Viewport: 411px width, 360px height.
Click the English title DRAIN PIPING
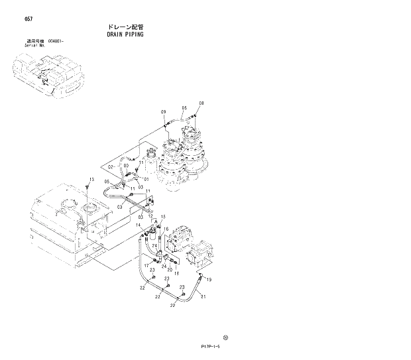point(125,34)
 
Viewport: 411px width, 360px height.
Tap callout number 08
point(202,104)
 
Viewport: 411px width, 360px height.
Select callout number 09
point(163,111)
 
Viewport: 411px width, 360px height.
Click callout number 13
point(92,180)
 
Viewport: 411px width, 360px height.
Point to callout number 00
point(136,166)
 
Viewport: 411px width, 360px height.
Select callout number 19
point(209,281)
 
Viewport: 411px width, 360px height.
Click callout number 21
point(204,296)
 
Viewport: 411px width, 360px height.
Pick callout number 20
point(170,270)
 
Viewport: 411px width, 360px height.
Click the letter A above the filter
point(156,223)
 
